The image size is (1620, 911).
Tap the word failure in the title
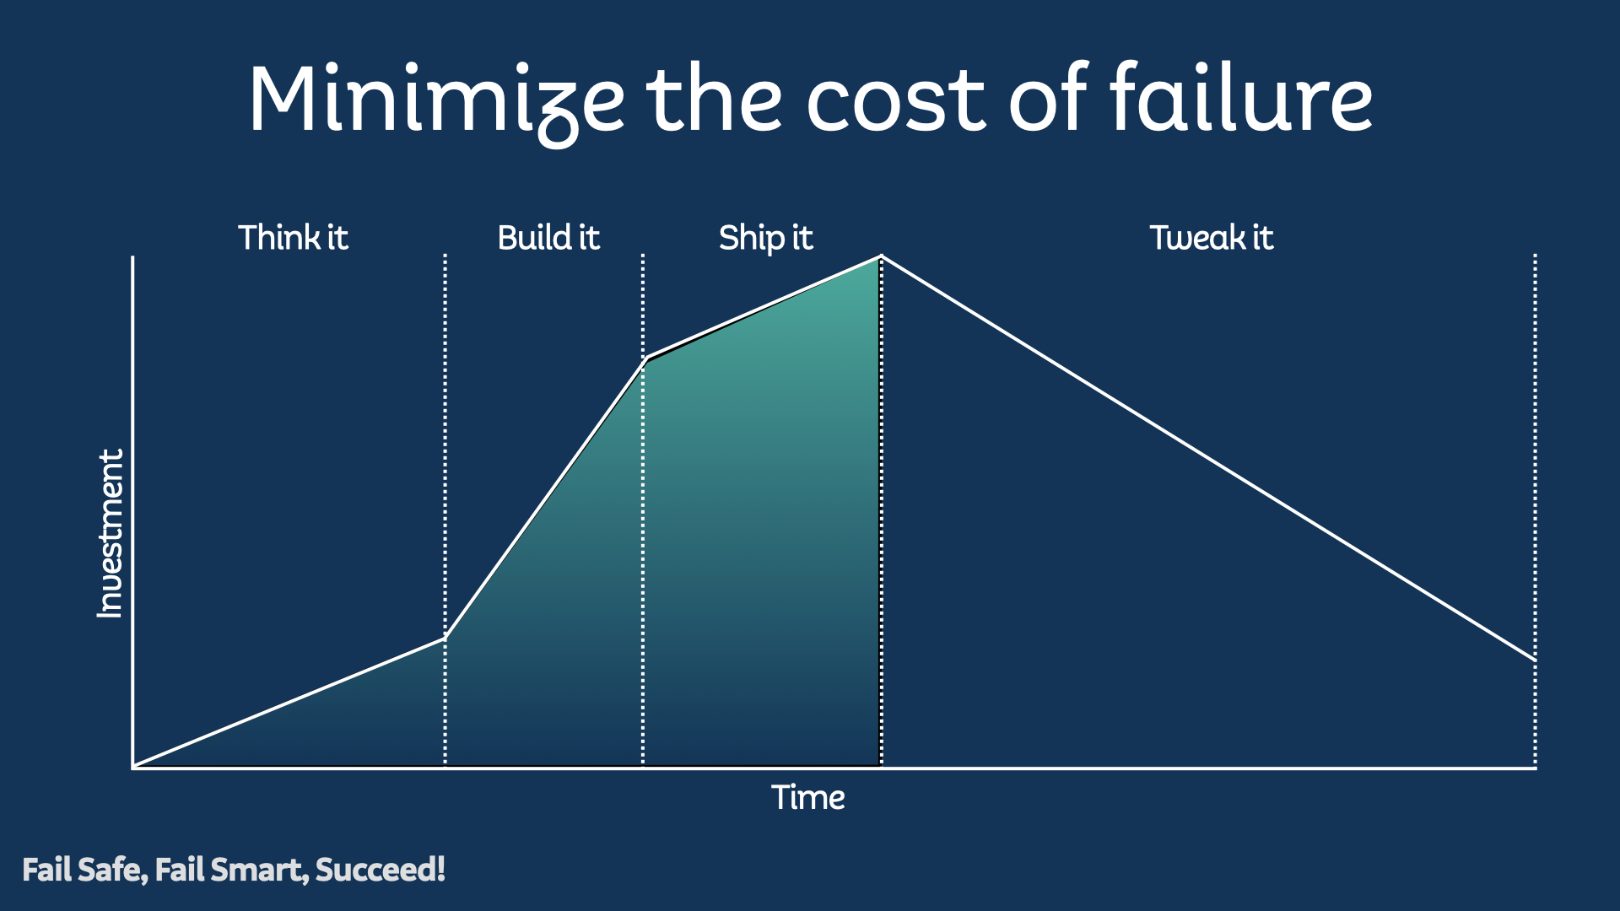(1241, 100)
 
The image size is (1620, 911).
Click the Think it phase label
(293, 238)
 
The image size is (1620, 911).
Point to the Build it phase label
(548, 238)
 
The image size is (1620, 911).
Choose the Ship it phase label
(765, 238)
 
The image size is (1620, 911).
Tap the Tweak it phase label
(1211, 238)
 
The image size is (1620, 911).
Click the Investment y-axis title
(111, 533)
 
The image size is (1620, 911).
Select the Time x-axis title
(807, 798)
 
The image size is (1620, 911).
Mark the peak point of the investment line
(882, 256)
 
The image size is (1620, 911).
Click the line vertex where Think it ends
(445, 639)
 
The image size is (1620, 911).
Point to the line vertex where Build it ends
(644, 358)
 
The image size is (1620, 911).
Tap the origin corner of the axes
(133, 767)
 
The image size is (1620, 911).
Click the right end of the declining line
(1534, 659)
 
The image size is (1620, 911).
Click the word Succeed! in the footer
(380, 870)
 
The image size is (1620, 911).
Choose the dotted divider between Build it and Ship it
(643, 548)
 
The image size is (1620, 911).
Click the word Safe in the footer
(112, 870)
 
